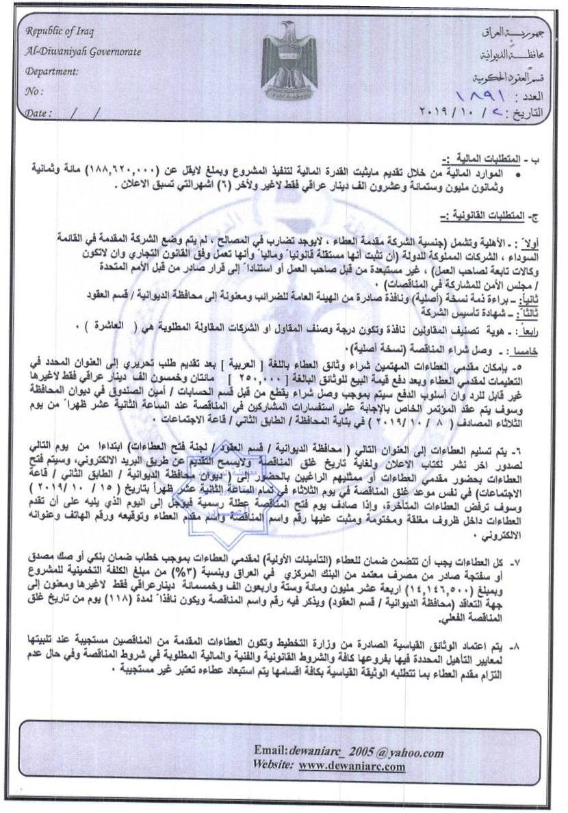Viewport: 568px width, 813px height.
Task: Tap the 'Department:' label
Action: coord(51,71)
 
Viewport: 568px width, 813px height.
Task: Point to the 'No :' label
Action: coord(34,91)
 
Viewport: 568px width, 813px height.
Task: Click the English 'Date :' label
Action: coord(39,112)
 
